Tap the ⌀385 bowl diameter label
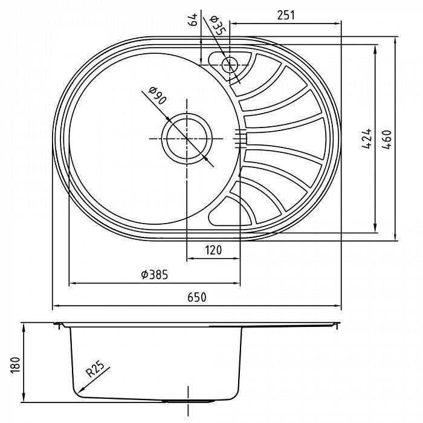pos(155,275)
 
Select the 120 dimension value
pos(212,250)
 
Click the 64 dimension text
pos(193,21)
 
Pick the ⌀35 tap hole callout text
pos(217,25)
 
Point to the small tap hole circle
pos(230,63)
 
